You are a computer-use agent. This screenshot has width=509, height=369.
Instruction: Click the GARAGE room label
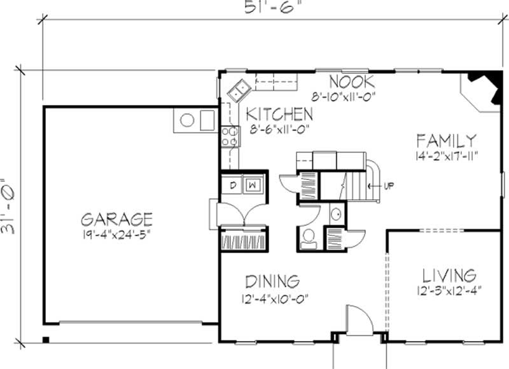[x=116, y=219]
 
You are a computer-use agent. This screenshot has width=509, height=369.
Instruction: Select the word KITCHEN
[x=279, y=115]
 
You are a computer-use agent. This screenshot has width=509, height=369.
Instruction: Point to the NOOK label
[x=352, y=82]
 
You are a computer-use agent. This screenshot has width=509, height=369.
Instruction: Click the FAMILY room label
[x=445, y=140]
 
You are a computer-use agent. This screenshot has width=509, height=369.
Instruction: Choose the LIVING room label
[x=449, y=275]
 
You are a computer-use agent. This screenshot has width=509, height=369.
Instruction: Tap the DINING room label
[x=272, y=281]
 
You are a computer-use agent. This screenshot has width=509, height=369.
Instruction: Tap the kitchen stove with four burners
[x=230, y=136]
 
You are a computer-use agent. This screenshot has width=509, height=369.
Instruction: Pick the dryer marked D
[x=233, y=185]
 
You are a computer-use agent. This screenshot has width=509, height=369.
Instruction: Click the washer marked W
[x=253, y=185]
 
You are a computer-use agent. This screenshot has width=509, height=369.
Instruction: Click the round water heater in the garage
[x=188, y=120]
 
